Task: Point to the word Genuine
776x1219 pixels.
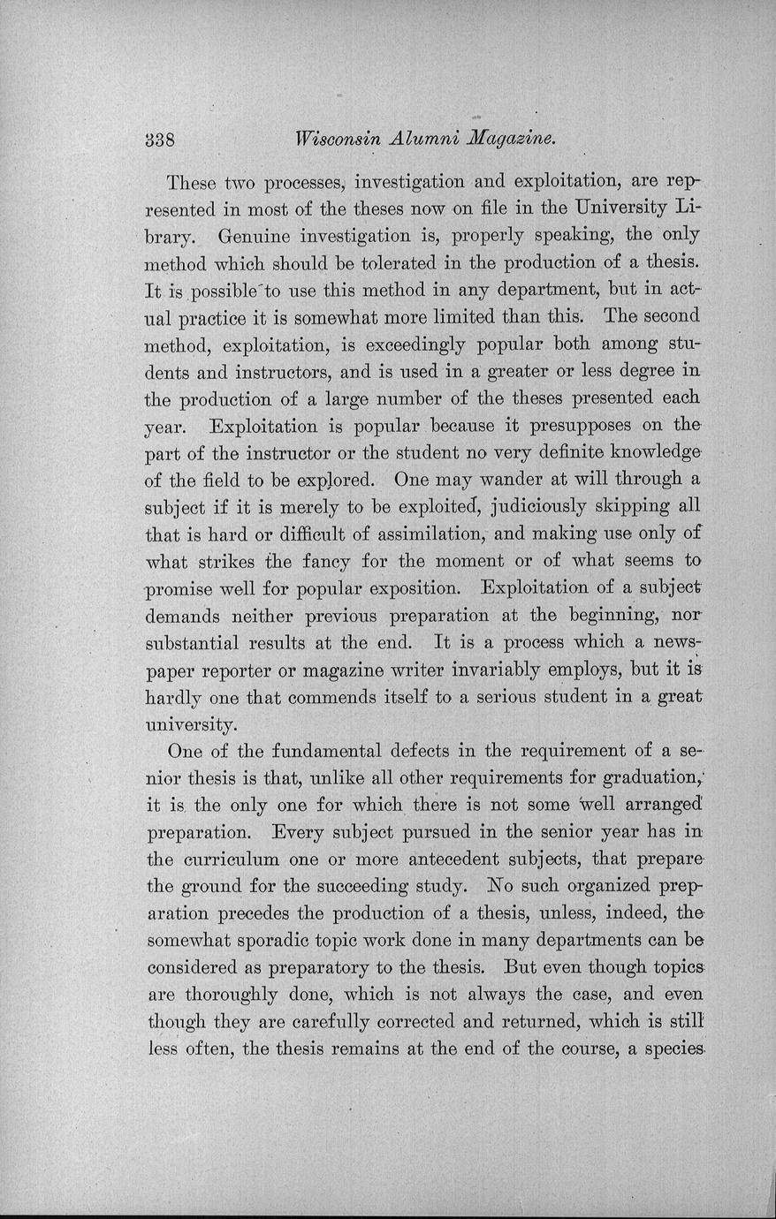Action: tap(256, 236)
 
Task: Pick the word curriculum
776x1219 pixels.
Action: tap(235, 859)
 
